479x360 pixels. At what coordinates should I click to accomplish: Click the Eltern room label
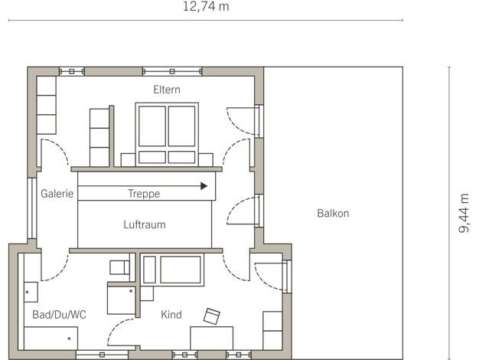click(x=167, y=90)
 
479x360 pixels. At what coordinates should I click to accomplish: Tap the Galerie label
click(x=57, y=194)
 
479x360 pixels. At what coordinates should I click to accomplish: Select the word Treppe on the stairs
click(x=144, y=194)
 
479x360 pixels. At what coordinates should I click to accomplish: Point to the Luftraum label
click(x=145, y=224)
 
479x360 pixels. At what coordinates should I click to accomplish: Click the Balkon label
click(x=333, y=213)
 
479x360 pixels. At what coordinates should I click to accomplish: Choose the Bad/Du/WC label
click(x=59, y=315)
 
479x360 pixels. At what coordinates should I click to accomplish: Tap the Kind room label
click(x=171, y=315)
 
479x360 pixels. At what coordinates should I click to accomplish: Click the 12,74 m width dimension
click(x=206, y=6)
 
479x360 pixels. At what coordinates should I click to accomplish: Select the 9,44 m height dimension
click(x=464, y=213)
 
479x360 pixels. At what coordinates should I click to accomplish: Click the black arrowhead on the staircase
click(x=204, y=185)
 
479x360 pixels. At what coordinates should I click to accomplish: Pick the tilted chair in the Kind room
click(x=212, y=316)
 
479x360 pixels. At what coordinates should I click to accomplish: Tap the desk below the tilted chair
click(x=212, y=338)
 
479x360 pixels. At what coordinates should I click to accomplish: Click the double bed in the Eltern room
click(x=167, y=135)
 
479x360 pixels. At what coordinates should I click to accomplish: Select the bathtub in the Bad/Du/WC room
click(x=51, y=339)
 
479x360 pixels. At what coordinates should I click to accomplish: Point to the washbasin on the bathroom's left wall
click(x=31, y=292)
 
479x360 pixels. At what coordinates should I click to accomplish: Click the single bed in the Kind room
click(x=172, y=270)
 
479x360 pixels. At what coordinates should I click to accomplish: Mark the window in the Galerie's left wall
click(x=32, y=208)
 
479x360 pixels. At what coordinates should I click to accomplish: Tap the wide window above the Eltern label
click(x=172, y=71)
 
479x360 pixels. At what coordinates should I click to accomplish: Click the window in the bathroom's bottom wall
click(x=102, y=355)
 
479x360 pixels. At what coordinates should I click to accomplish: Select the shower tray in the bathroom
click(x=121, y=299)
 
